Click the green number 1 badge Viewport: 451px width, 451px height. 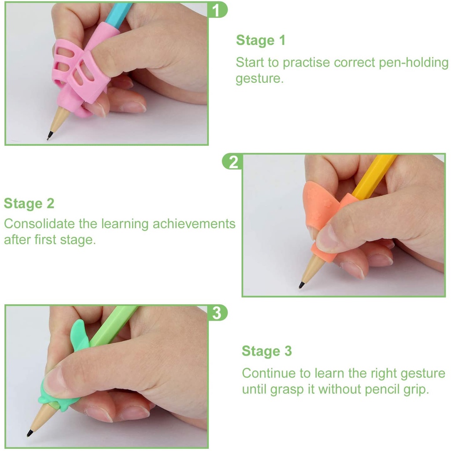(217, 10)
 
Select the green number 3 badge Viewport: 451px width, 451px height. (217, 313)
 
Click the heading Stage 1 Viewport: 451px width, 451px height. (261, 40)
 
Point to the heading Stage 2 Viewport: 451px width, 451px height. (29, 203)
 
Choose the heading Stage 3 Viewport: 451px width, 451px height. (266, 351)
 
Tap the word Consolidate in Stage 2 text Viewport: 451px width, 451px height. (39, 224)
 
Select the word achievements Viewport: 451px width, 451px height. (194, 224)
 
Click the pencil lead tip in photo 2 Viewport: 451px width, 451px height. (300, 287)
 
